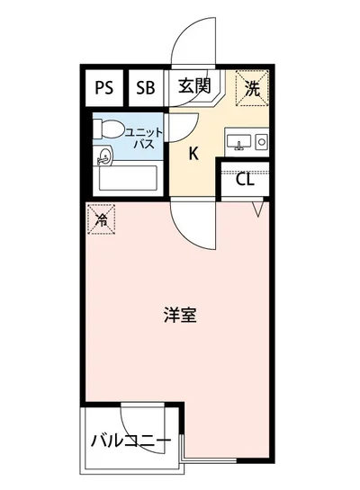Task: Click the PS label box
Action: (104, 88)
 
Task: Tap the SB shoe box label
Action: (146, 88)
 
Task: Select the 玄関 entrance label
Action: (193, 87)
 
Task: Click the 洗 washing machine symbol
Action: (253, 88)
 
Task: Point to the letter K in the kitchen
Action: (193, 152)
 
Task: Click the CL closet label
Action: (245, 180)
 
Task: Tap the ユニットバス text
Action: (142, 137)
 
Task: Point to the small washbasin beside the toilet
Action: (104, 157)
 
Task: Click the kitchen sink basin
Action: (238, 142)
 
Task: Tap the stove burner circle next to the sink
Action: (262, 141)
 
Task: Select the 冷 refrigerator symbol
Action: (102, 219)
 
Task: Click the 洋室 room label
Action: (180, 316)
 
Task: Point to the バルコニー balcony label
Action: (130, 441)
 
